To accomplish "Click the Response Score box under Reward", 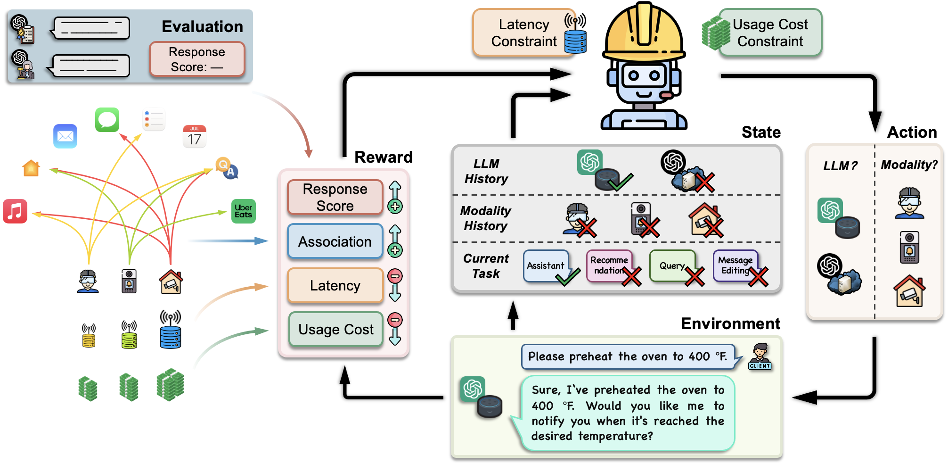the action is pos(335,197).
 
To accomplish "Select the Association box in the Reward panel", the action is pos(335,241).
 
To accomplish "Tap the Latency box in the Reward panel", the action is pos(335,285).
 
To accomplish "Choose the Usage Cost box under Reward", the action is pos(335,329).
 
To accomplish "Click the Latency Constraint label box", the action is pos(524,33).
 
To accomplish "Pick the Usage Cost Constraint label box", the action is pos(770,33).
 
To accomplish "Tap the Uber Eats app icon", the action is pos(244,211).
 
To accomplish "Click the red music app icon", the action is pos(15,211).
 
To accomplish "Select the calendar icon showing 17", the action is pos(195,137).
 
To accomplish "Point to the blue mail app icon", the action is pos(65,136).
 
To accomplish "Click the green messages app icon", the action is pos(107,120).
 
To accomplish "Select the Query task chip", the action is pos(672,266).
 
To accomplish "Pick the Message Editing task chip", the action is pos(736,266).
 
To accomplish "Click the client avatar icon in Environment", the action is pos(760,357).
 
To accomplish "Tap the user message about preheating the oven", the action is pos(627,356).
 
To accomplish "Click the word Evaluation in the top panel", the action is pos(203,26).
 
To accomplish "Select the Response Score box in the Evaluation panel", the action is pos(197,59).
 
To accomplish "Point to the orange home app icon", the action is pos(31,168).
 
